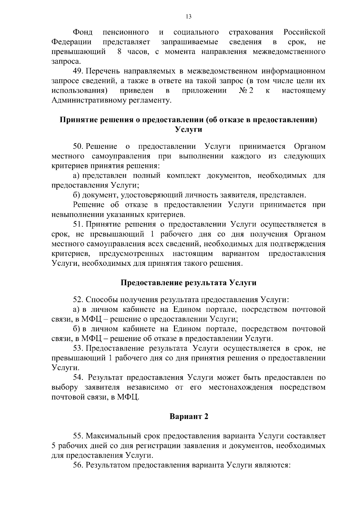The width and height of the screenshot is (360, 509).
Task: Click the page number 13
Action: pyautogui.click(x=189, y=17)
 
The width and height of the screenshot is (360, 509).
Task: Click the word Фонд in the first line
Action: pyautogui.click(x=83, y=32)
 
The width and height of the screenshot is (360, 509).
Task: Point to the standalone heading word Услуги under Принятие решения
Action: pyautogui.click(x=188, y=130)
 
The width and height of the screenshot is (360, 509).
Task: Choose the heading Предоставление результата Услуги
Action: pyautogui.click(x=188, y=283)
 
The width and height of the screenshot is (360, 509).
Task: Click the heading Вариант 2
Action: pyautogui.click(x=189, y=417)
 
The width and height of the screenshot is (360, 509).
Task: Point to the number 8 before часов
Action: pyautogui.click(x=119, y=52)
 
